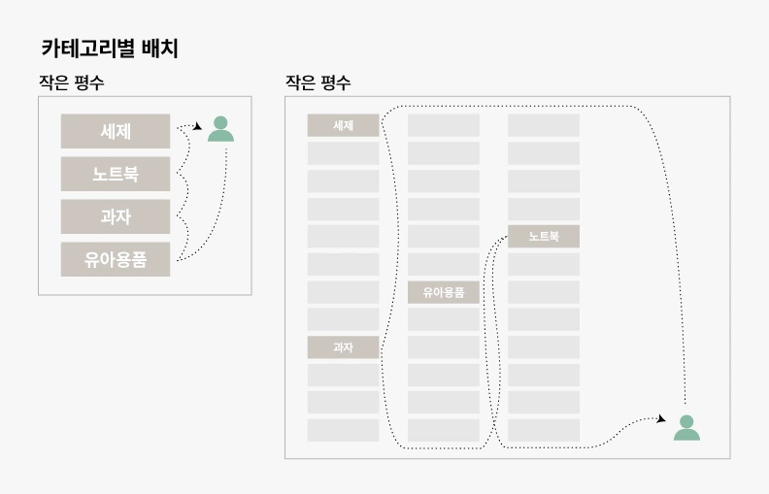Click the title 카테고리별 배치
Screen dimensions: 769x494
tap(109, 49)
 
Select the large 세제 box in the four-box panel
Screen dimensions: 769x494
tap(116, 131)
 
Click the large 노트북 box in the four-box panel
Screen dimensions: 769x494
tap(116, 174)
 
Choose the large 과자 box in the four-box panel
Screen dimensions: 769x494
tap(116, 216)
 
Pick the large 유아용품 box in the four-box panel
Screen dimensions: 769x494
tap(116, 259)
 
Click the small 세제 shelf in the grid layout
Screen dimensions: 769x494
tap(343, 125)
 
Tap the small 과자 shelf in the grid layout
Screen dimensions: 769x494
tap(343, 347)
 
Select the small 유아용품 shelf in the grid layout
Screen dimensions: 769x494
tap(443, 292)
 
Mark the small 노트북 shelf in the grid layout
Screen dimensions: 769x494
tap(543, 236)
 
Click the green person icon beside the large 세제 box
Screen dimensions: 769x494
tap(220, 129)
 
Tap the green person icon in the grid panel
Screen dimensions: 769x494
tap(686, 428)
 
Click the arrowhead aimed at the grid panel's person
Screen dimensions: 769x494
tap(661, 419)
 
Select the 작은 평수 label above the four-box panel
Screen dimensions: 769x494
tap(71, 83)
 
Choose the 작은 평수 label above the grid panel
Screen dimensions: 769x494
tap(318, 83)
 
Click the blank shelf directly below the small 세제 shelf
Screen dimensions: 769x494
tap(343, 153)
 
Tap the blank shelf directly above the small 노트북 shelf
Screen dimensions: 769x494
tap(543, 209)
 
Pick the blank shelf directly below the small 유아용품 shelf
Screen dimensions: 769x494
tap(443, 319)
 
